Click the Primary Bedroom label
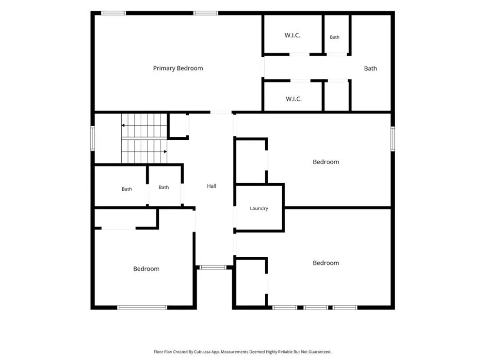click(x=178, y=68)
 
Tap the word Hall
click(x=211, y=186)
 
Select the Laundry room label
click(x=259, y=208)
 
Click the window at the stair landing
click(x=93, y=138)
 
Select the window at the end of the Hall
click(x=213, y=267)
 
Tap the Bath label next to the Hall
click(x=163, y=187)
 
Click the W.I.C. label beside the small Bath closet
click(x=292, y=35)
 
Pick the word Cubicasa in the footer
click(x=201, y=352)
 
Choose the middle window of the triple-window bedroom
click(x=316, y=308)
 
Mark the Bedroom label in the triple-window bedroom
click(x=326, y=263)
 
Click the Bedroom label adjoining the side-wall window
click(x=326, y=162)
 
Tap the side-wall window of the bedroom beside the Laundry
click(x=393, y=139)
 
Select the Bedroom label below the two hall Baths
click(x=146, y=269)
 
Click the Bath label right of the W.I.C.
click(x=334, y=37)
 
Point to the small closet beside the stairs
click(x=178, y=125)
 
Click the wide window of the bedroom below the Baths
click(x=142, y=308)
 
